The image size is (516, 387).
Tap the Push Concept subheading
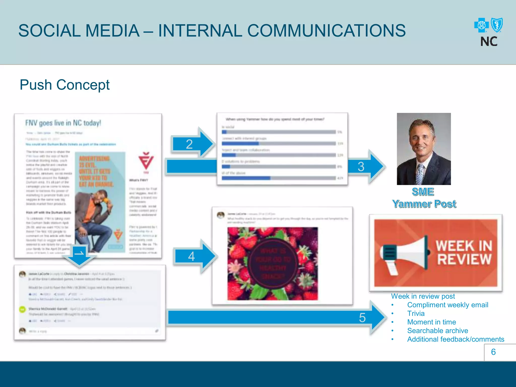click(64, 85)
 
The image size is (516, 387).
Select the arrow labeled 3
click(365, 167)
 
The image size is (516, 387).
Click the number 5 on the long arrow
click(362, 317)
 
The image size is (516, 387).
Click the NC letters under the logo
click(489, 42)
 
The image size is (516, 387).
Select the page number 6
click(493, 352)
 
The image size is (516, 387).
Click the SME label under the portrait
click(423, 192)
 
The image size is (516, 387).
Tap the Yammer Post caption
click(424, 204)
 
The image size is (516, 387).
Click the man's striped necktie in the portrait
click(420, 174)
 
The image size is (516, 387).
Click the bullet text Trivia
click(416, 313)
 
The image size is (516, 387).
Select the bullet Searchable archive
click(437, 331)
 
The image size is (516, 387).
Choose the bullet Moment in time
click(431, 322)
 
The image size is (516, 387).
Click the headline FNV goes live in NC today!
click(63, 123)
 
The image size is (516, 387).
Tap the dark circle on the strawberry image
click(273, 264)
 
